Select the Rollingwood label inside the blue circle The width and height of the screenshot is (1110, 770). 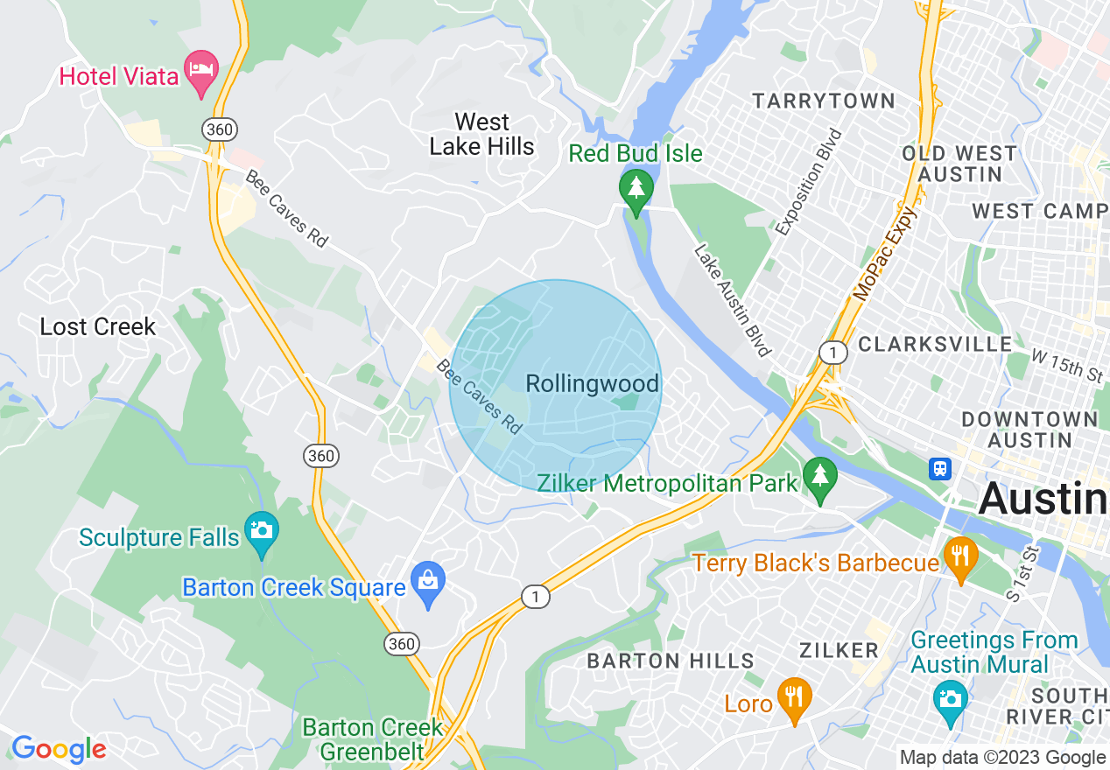coord(592,383)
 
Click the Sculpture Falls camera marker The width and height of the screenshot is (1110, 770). coord(261,531)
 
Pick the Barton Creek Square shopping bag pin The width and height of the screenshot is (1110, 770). coord(428,582)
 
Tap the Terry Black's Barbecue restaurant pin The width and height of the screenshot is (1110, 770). coord(960,557)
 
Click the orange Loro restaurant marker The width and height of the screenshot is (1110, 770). coord(795,698)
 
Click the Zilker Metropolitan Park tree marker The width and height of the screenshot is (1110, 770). coord(820,478)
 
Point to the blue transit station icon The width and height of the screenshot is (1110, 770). coord(940,468)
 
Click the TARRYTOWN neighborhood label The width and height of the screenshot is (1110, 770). coord(824,101)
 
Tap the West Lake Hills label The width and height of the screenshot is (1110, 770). coord(481,134)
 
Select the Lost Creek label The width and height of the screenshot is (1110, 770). coord(98,326)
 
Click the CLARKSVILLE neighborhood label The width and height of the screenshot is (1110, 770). coord(935,344)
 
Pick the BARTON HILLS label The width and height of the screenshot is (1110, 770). coord(671,661)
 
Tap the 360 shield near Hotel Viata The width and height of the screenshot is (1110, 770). coord(219,129)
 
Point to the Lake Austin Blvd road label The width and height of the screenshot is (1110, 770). coord(732,300)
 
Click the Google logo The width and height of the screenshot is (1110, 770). coord(58,749)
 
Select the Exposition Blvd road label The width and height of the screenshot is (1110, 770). coord(808,182)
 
